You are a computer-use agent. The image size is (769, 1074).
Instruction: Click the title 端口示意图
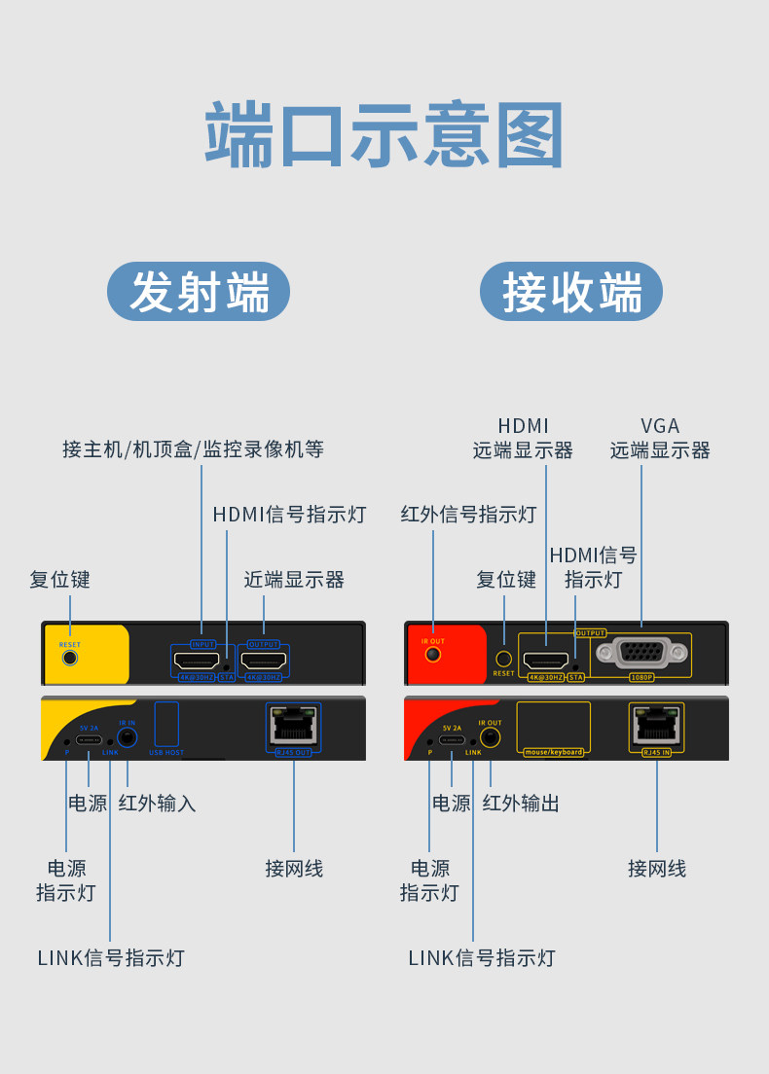coord(384,136)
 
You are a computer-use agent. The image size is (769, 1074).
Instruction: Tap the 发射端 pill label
coord(199,291)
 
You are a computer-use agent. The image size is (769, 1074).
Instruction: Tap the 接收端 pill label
coord(571,291)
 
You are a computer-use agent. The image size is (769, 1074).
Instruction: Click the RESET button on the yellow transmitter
coord(69,657)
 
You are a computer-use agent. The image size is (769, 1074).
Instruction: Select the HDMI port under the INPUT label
coord(197,661)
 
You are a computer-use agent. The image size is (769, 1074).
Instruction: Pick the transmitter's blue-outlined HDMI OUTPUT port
coord(263,661)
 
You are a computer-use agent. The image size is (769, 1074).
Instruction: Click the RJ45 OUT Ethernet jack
coord(294,725)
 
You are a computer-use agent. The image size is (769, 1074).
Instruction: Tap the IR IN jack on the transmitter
coord(127,737)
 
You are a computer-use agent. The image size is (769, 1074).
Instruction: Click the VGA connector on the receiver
coord(641,653)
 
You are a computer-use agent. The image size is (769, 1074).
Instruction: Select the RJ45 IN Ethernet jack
coord(657,725)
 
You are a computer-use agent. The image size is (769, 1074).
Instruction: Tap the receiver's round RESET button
coord(504,659)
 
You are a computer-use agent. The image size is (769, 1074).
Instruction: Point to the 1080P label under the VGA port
coord(641,676)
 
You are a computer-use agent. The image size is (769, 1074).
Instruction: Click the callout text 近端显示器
coord(294,580)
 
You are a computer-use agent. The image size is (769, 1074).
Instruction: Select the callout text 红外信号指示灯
coord(468,514)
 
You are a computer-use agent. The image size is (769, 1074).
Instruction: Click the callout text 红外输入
coord(157,803)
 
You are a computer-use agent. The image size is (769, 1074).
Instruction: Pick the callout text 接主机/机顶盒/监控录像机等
coord(193,449)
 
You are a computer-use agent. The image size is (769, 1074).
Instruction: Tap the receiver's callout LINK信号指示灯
coord(481,957)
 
